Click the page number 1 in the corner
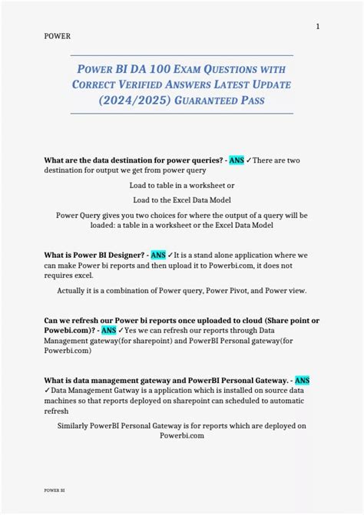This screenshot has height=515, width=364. click(318, 27)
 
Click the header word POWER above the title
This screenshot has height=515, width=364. click(58, 36)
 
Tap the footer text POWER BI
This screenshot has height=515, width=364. click(54, 489)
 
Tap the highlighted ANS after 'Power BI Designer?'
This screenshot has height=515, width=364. click(158, 255)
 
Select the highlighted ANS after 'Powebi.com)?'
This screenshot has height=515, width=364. click(109, 329)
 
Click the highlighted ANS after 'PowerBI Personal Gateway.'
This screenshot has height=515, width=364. click(303, 380)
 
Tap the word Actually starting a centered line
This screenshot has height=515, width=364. click(74, 291)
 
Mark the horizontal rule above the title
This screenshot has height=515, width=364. click(181, 55)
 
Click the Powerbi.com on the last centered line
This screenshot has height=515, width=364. click(182, 435)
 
